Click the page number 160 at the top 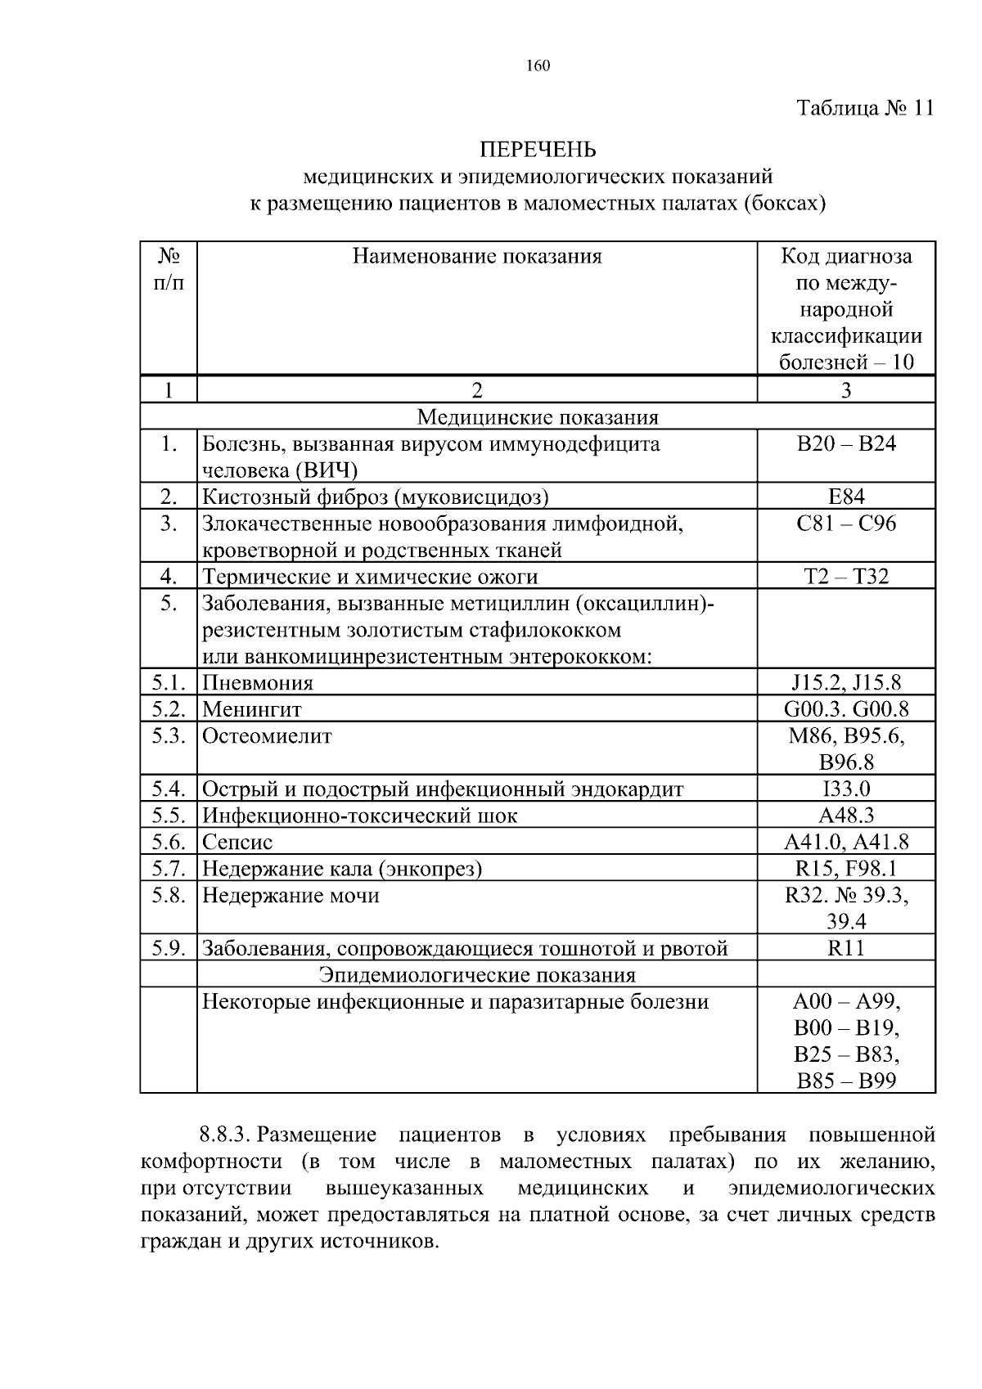click(x=538, y=67)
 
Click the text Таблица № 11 click(x=865, y=109)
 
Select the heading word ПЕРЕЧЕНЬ click(x=538, y=150)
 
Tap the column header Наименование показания click(x=477, y=257)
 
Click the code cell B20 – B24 click(x=846, y=444)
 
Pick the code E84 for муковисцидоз click(x=846, y=497)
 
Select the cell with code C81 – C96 click(x=846, y=524)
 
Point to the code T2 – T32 click(x=846, y=577)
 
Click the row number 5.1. click(x=169, y=682)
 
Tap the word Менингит click(x=252, y=709)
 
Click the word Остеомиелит click(x=267, y=736)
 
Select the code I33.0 click(x=846, y=789)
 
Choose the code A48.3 click(x=846, y=816)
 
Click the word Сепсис click(x=237, y=843)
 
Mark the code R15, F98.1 click(x=846, y=869)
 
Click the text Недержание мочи click(x=291, y=896)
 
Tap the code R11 click(x=846, y=949)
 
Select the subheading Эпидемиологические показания click(x=477, y=975)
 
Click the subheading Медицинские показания click(x=538, y=418)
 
